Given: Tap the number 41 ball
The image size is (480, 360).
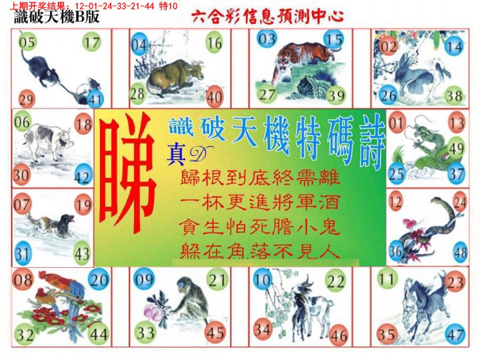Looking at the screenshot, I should pyautogui.click(x=95, y=100).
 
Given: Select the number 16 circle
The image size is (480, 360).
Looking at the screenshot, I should pyautogui.click(x=214, y=44).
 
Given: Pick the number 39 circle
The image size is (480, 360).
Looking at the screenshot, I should pyautogui.click(x=336, y=95).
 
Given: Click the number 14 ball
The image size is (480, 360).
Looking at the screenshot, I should pyautogui.click(x=454, y=47).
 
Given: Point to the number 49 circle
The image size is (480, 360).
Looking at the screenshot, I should pyautogui.click(x=456, y=148).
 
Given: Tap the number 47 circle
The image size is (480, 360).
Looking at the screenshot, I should pyautogui.click(x=456, y=334).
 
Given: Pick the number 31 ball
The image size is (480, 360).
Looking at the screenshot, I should pyautogui.click(x=23, y=253).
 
